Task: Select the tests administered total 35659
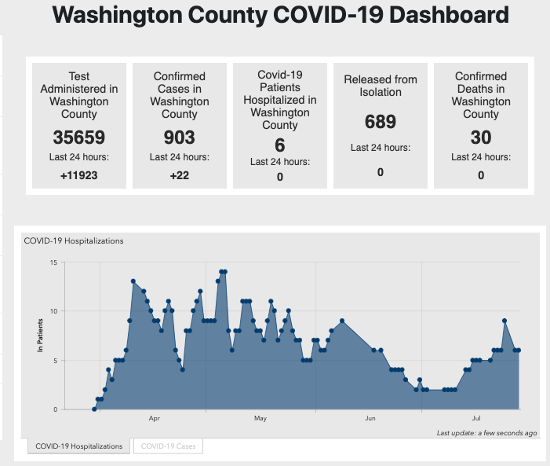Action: tap(78, 138)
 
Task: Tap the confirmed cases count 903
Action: tap(180, 138)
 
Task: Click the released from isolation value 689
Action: tap(381, 122)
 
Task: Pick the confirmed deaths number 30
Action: tap(481, 138)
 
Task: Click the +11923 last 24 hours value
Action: tap(78, 175)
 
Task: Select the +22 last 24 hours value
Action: tap(180, 175)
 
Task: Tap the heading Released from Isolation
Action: tap(381, 86)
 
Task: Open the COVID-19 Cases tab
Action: tap(168, 446)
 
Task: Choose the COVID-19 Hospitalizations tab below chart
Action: tap(79, 446)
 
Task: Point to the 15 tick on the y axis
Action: tap(53, 262)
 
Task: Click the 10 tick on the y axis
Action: tap(53, 311)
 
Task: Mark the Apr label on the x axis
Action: tap(154, 419)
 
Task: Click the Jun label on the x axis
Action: tap(370, 419)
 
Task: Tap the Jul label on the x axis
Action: tap(475, 419)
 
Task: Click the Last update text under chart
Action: tap(487, 433)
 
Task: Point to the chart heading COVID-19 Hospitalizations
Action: tap(74, 241)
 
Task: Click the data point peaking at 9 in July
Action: tap(504, 321)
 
